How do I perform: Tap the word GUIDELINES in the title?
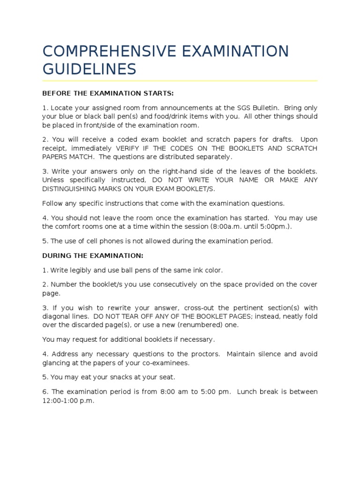(x=89, y=70)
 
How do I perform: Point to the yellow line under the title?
(x=180, y=81)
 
